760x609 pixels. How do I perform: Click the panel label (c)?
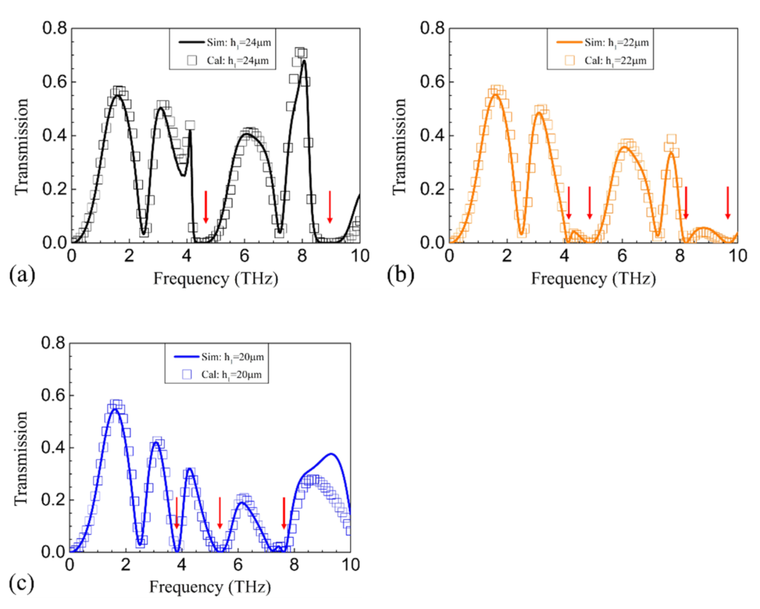(21, 583)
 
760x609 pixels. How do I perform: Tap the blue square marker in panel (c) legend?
(187, 374)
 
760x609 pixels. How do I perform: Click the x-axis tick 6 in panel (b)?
(622, 256)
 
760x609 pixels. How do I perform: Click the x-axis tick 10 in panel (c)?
(350, 565)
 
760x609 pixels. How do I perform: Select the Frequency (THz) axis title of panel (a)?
(216, 278)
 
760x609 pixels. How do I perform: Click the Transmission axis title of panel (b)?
(399, 147)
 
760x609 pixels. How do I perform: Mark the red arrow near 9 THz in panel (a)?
(329, 207)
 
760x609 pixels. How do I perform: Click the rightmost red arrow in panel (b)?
(727, 202)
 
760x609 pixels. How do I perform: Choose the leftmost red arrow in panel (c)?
(177, 513)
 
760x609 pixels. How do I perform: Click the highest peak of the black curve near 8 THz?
(304, 61)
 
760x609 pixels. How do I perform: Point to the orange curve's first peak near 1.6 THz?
(496, 94)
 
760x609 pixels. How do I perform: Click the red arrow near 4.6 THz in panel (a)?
(206, 207)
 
